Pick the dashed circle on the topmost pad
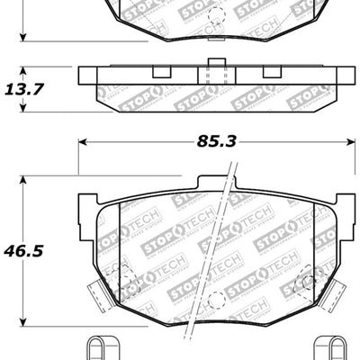[212, 15]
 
